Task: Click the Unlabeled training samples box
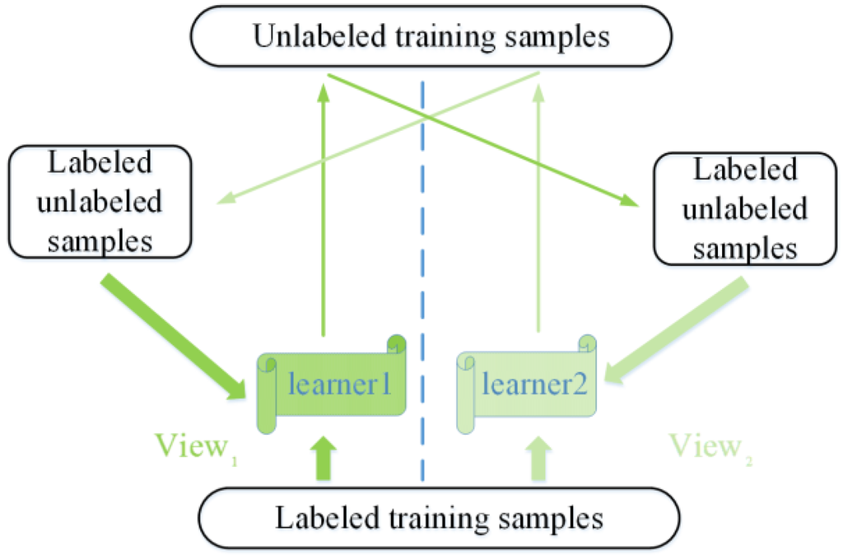[x=431, y=37]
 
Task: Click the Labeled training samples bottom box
[x=439, y=519]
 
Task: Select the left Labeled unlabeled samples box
[x=100, y=202]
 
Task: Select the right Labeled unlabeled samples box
[x=745, y=209]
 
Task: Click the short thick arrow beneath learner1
[x=324, y=458]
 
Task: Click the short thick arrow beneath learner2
[x=538, y=458]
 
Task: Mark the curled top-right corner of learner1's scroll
[x=396, y=343]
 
